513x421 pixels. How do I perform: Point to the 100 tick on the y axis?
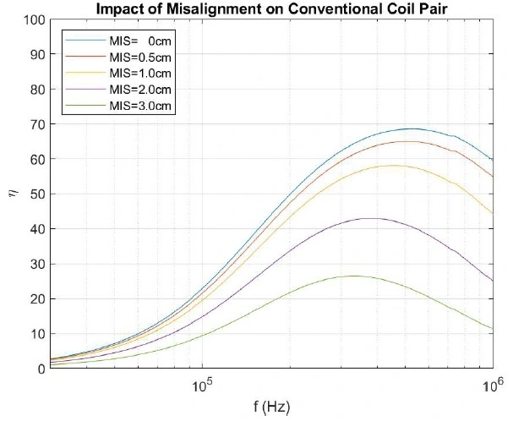pos(34,19)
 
